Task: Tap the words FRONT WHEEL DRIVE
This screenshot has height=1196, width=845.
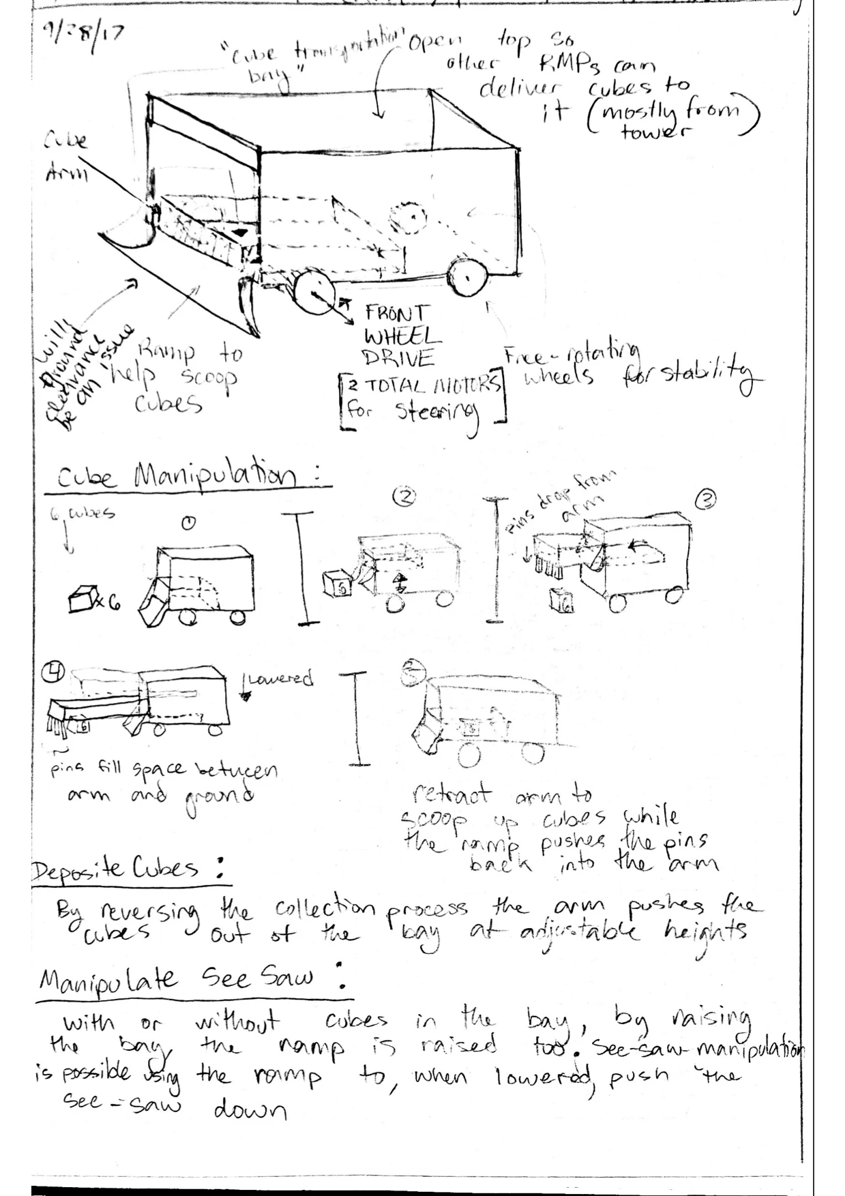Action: pos(399,335)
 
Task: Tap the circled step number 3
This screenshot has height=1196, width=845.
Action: pos(705,501)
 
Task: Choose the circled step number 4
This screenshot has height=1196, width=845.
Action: pos(54,672)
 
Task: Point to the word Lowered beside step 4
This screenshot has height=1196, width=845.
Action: pos(280,680)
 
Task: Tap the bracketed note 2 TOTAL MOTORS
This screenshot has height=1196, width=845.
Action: pos(423,385)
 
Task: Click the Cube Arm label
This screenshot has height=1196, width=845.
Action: pos(66,157)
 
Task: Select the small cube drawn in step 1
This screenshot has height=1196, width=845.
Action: pos(81,599)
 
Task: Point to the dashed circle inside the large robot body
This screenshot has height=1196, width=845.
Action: pos(406,219)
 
